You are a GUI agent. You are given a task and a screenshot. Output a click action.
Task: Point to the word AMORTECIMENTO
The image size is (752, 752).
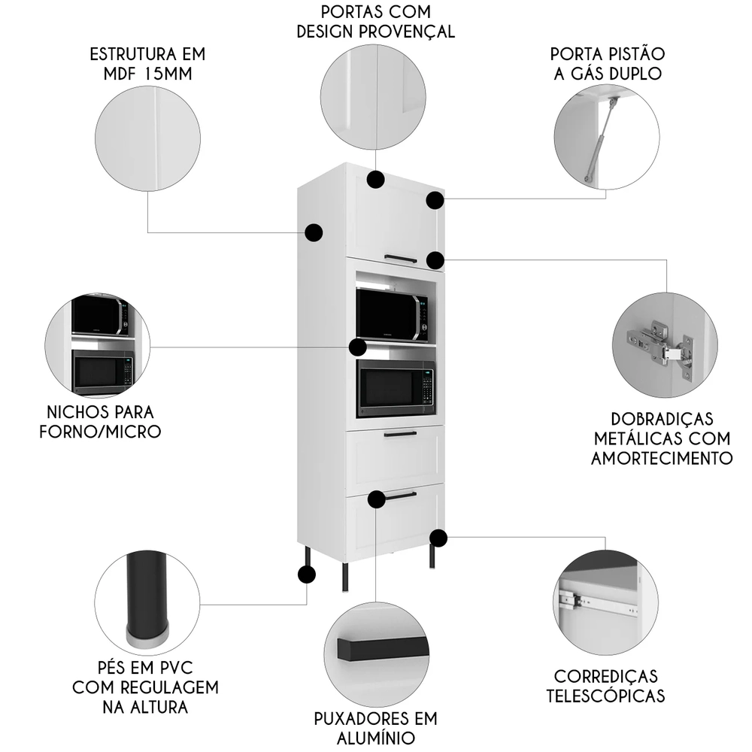[x=662, y=458]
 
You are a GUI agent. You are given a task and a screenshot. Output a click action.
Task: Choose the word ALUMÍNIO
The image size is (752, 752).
[x=375, y=738]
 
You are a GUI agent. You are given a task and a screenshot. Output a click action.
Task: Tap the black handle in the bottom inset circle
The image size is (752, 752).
[x=380, y=648]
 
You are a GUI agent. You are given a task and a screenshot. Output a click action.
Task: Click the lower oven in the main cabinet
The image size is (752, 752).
[x=395, y=387]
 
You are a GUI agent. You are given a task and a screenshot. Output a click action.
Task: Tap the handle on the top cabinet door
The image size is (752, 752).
[x=400, y=259]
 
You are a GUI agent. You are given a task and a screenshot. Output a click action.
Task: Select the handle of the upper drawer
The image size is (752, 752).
[x=400, y=434]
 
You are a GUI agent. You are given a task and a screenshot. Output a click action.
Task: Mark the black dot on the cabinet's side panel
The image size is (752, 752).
[x=314, y=232]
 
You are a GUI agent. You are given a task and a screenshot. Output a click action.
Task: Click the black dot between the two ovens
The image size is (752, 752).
[x=358, y=347]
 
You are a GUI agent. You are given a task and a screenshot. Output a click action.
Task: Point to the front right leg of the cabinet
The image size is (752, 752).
[x=433, y=556]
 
